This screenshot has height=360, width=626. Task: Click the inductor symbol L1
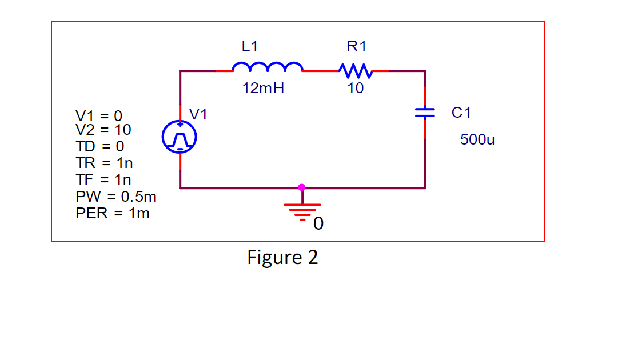pos(268,67)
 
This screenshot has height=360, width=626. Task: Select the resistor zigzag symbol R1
pos(356,71)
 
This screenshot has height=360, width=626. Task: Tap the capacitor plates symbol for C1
pos(425,113)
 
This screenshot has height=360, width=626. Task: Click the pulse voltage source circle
pos(180,138)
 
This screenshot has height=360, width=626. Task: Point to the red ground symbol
pos(302,210)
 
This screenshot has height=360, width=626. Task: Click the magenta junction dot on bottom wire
pos(302,187)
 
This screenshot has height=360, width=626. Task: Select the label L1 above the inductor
pos(250,47)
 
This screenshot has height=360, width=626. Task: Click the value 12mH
pos(263,89)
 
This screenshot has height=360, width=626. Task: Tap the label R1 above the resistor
pos(356,47)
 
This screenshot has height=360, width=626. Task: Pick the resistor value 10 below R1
pos(356,89)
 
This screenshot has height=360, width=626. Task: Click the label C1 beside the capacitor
pos(461,113)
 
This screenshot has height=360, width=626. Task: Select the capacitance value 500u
pos(477,139)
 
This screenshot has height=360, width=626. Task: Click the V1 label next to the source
pos(198,114)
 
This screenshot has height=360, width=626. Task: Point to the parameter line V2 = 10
pos(103,130)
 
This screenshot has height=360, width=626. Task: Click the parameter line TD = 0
pos(99,146)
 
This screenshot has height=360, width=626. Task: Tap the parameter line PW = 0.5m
pos(116,197)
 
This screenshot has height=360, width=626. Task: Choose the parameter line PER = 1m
pos(113,214)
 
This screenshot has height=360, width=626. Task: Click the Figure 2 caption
pos(282,258)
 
